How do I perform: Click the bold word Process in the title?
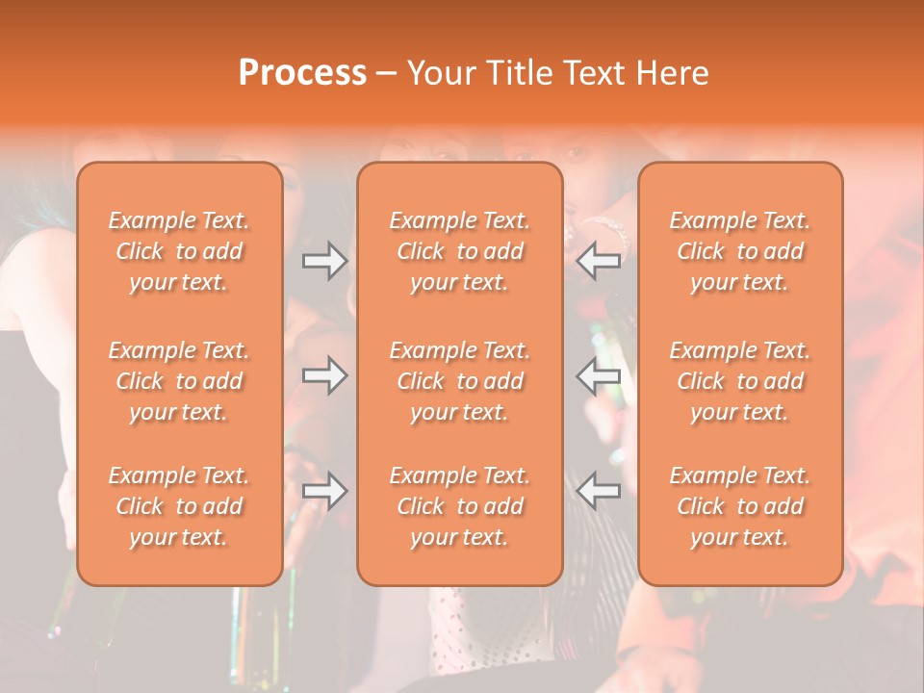tap(302, 73)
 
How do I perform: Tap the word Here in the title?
tap(672, 73)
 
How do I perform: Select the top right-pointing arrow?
tap(324, 260)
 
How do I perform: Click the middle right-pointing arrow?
tap(324, 375)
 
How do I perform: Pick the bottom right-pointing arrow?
tap(324, 491)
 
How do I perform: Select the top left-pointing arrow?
tap(599, 260)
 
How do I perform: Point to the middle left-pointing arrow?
tap(599, 375)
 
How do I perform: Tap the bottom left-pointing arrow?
tap(599, 491)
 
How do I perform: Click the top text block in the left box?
tap(179, 251)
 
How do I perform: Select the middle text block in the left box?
tap(179, 381)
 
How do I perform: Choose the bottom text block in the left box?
tap(179, 506)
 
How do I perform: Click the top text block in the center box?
tap(460, 251)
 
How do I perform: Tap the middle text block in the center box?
tap(460, 381)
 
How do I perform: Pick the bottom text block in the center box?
tap(460, 506)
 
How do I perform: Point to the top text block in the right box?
tap(740, 251)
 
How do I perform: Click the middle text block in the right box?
tap(740, 381)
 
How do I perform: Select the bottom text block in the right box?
tap(740, 506)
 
